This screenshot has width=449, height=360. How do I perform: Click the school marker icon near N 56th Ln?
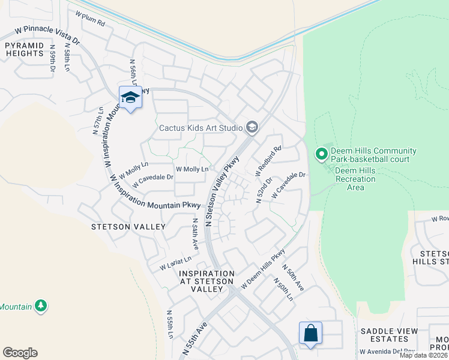coord(130,97)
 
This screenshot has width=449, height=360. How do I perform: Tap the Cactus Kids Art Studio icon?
coord(252,127)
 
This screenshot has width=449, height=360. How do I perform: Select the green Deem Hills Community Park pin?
coord(321,155)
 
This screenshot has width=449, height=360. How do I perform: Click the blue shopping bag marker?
coord(310,334)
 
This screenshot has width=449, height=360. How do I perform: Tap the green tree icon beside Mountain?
coord(41,306)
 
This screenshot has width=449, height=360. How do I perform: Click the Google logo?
coord(20,353)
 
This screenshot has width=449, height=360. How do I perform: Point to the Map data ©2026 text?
coord(423,355)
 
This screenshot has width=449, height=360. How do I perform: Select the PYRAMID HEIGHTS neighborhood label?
coord(25,49)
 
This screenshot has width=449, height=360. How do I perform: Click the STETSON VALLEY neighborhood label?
coord(128,227)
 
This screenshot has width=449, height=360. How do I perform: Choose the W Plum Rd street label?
coord(90,19)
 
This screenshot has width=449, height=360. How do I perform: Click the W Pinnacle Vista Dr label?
coord(46,37)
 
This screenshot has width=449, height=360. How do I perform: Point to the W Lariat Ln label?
coord(175,263)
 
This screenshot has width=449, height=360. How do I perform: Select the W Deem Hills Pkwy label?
coord(262,271)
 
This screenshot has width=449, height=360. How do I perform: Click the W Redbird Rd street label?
coord(268,160)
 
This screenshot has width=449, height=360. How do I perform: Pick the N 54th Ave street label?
coord(194,234)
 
